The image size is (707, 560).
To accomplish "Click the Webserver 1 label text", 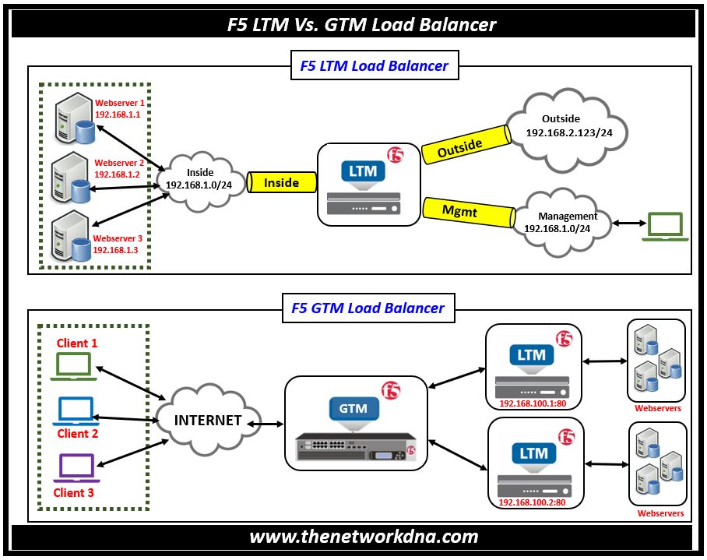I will pyautogui.click(x=119, y=103).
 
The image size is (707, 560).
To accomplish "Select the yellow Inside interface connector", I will pyautogui.click(x=281, y=182).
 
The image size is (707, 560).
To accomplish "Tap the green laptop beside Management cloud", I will pyautogui.click(x=665, y=227).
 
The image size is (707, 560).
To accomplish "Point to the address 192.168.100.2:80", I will pyautogui.click(x=532, y=502).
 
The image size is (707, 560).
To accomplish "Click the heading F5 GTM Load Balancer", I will pyautogui.click(x=368, y=308).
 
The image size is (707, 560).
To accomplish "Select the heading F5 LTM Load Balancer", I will pyautogui.click(x=374, y=66).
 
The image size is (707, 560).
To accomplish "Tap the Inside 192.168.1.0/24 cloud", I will pyautogui.click(x=199, y=181).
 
